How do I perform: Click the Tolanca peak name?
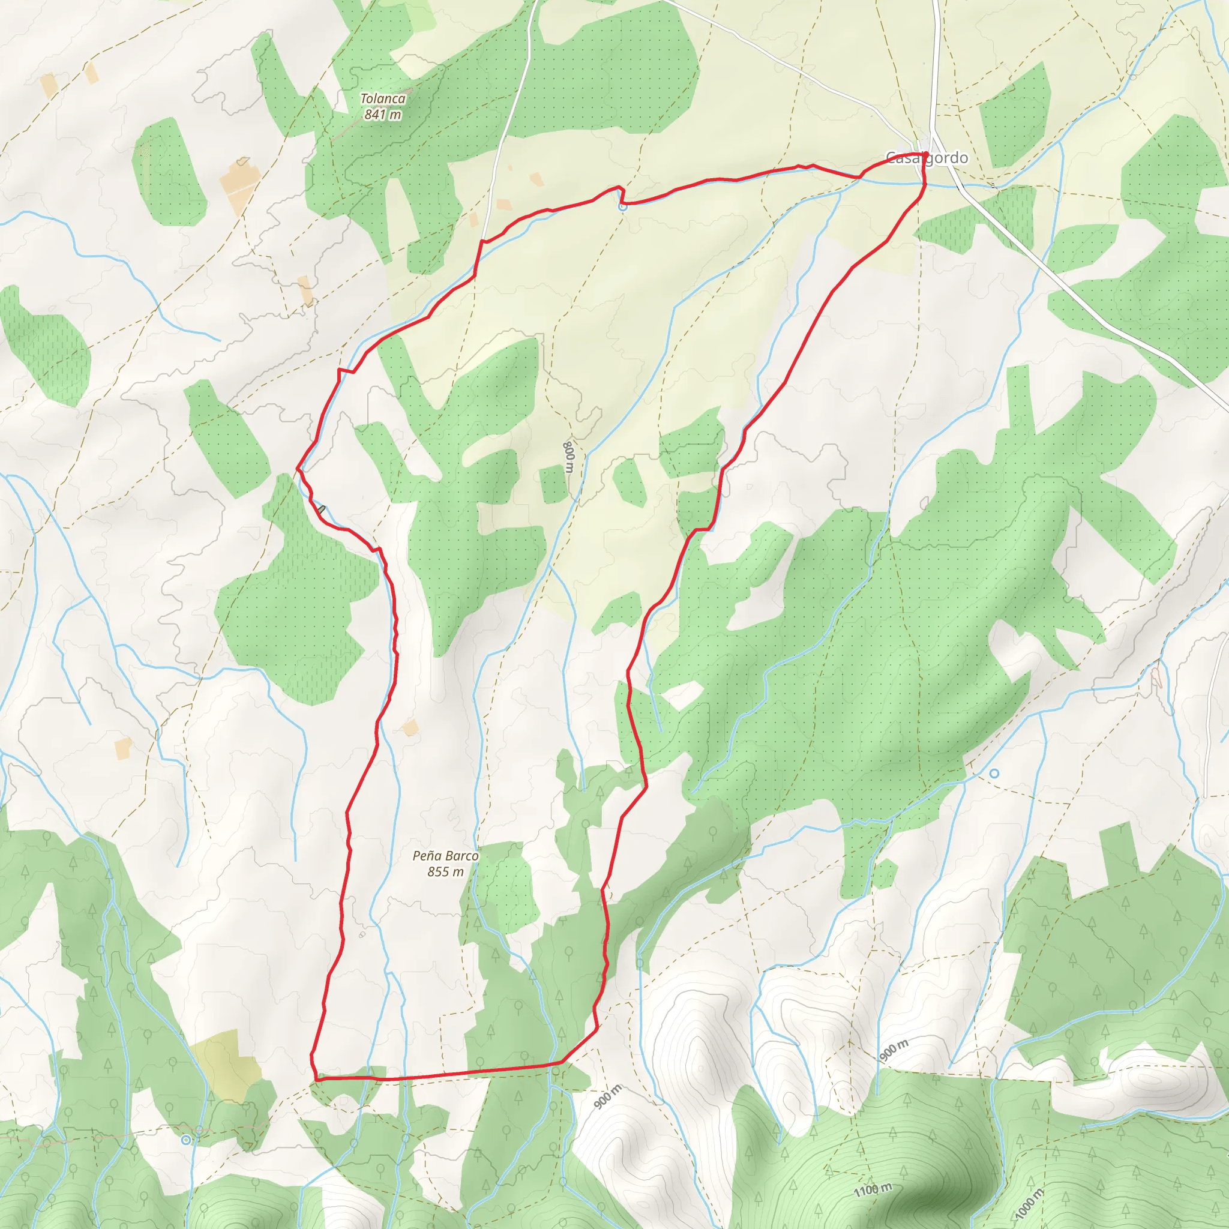[x=382, y=98]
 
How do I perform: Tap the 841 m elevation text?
[x=382, y=115]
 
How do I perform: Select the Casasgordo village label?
[x=926, y=158]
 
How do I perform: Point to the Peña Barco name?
[x=445, y=856]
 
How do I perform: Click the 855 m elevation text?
[x=445, y=871]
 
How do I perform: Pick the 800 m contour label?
[x=569, y=457]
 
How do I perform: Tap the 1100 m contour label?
[x=873, y=1188]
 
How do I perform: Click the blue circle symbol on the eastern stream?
[x=994, y=773]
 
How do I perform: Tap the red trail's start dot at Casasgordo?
[x=924, y=155]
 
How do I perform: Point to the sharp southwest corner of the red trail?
[x=316, y=1080]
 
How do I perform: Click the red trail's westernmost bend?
[x=298, y=469]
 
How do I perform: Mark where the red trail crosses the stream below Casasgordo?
[x=924, y=184]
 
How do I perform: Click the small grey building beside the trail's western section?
[x=322, y=509]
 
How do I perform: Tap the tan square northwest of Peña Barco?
[x=410, y=727]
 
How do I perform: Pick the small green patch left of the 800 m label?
[x=553, y=484]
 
